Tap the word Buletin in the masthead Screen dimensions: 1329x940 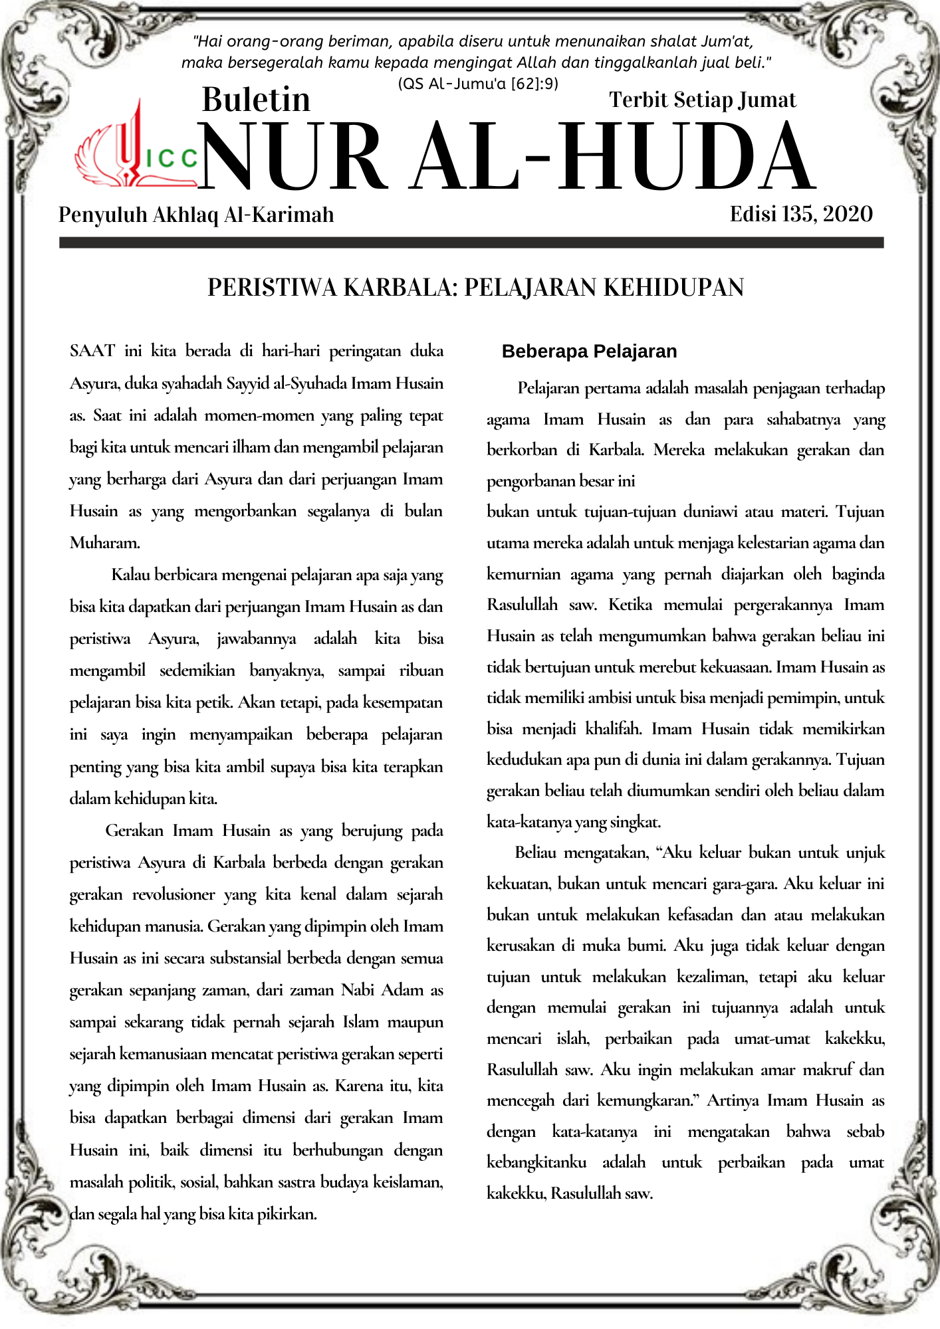point(256,100)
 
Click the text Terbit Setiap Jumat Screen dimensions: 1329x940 point(702,100)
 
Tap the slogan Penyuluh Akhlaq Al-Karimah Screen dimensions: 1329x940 point(196,215)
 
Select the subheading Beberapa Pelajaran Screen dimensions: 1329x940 point(589,351)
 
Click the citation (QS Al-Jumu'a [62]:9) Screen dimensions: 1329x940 point(478,84)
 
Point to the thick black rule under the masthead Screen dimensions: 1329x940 point(471,243)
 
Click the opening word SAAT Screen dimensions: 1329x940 point(92,351)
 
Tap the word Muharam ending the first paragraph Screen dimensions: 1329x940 point(104,543)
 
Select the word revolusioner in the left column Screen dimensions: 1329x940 point(174,894)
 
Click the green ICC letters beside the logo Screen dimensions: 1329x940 point(172,158)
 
